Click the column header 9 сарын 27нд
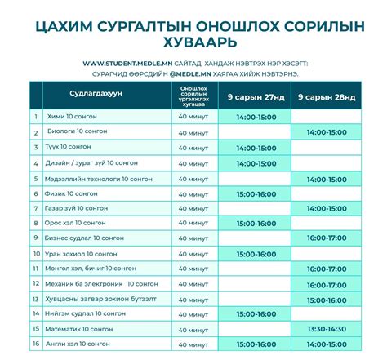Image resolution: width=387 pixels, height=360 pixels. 254,97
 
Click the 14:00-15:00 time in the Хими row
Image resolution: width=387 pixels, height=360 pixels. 254,117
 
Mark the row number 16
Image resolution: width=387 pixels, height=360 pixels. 36,344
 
